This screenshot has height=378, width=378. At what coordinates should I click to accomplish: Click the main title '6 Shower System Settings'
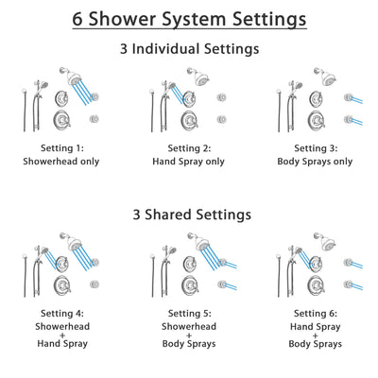click(x=189, y=19)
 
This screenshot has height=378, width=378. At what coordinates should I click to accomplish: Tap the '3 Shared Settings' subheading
click(x=189, y=215)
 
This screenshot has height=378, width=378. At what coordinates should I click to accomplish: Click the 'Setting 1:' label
click(x=63, y=148)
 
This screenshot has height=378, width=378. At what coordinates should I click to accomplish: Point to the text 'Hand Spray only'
click(x=188, y=162)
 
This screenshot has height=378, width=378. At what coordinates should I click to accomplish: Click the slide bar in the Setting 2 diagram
click(x=154, y=109)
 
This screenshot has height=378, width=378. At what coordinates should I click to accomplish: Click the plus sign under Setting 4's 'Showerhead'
click(x=63, y=334)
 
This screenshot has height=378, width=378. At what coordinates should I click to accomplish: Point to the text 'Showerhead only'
click(x=63, y=162)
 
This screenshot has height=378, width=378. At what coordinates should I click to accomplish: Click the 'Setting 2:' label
click(x=188, y=148)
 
